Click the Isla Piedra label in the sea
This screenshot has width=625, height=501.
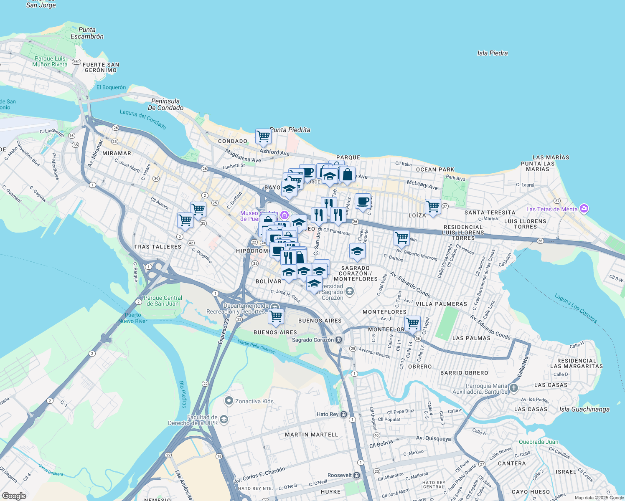click(x=492, y=53)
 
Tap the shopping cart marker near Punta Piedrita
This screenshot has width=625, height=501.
click(x=263, y=136)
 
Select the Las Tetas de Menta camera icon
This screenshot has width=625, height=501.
click(x=584, y=209)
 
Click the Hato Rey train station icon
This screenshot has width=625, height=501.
click(x=343, y=414)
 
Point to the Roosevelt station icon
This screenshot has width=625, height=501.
click(x=356, y=475)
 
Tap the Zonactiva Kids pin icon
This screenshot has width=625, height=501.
click(x=229, y=401)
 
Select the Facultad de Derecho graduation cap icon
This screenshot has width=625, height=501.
click(x=224, y=420)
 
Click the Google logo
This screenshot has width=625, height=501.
click(x=14, y=496)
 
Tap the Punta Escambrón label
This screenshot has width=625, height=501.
click(x=87, y=33)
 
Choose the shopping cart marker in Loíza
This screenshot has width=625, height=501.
click(x=433, y=206)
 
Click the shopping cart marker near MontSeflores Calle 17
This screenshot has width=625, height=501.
click(x=412, y=323)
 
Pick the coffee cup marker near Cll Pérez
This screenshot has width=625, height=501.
click(x=363, y=201)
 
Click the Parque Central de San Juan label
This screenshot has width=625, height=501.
click(x=163, y=301)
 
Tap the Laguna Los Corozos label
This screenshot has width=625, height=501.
click(x=576, y=308)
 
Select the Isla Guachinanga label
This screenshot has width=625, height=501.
click(x=584, y=409)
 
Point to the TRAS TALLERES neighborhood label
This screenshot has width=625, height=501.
click(x=158, y=247)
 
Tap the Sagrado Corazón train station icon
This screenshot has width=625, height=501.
click(x=339, y=340)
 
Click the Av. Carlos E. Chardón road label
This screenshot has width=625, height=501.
click(x=259, y=475)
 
